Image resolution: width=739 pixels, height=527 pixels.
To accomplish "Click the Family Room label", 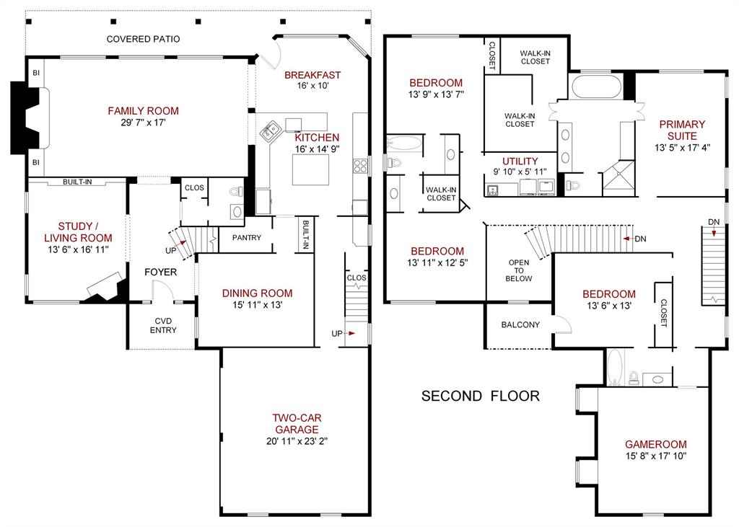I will (x=143, y=111).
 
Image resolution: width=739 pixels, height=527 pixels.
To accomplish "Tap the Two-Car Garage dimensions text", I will (x=296, y=441).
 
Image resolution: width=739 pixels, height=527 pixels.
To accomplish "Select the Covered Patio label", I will (x=143, y=39).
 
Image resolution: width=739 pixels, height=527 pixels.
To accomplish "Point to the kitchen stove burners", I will (x=360, y=166).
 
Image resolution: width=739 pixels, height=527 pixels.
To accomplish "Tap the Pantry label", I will (x=247, y=238).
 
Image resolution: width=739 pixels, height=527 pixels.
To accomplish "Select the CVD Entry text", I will (x=163, y=326).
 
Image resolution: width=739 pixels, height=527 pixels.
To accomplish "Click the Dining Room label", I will (x=257, y=293).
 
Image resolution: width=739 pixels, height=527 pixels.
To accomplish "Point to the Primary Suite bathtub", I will (x=596, y=87).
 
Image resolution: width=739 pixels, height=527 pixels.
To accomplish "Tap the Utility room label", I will (x=520, y=161).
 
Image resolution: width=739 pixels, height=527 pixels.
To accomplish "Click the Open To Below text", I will (x=520, y=270).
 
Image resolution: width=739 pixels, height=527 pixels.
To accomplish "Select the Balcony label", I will (x=520, y=324).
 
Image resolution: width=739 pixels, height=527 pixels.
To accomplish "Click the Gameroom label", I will (x=655, y=444).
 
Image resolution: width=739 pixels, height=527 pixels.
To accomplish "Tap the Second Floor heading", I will (x=480, y=396).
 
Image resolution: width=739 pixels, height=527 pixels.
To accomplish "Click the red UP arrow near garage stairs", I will (x=352, y=333).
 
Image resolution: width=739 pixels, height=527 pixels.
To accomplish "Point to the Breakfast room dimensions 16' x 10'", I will (x=312, y=86).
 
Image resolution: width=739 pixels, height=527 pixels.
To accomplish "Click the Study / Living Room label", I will (x=78, y=232).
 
